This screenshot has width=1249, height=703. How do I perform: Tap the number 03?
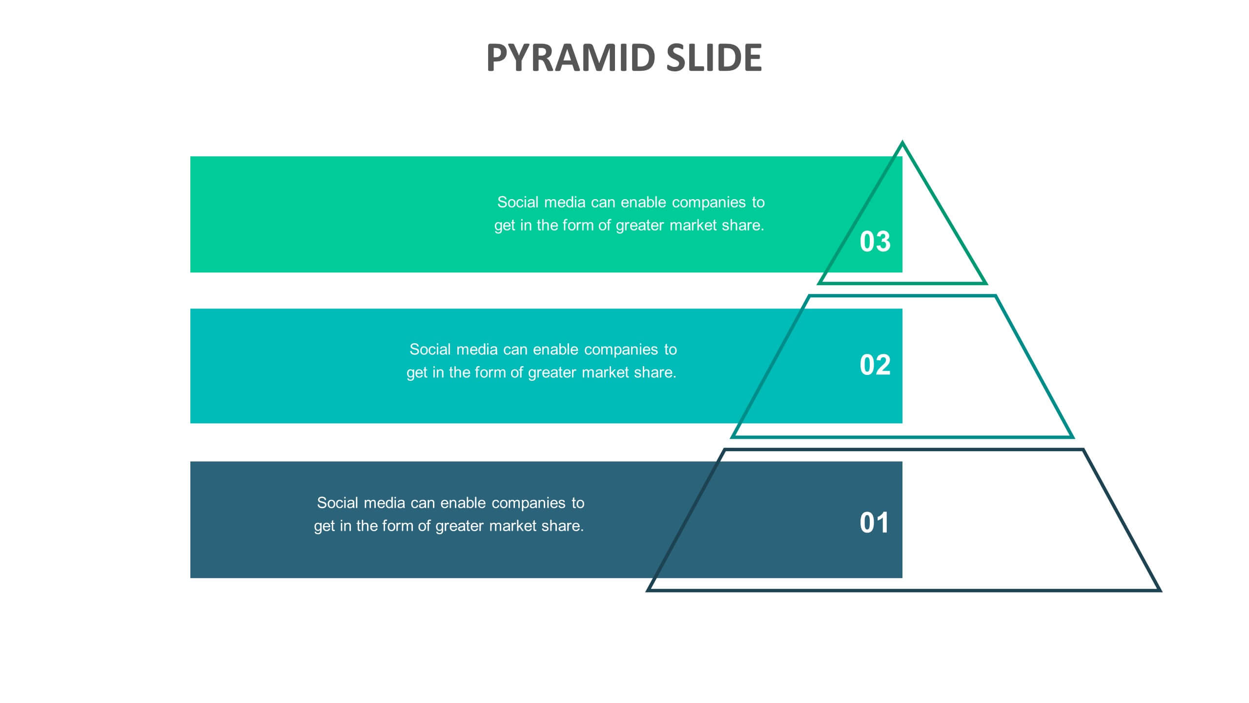click(875, 241)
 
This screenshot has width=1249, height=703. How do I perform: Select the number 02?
click(875, 365)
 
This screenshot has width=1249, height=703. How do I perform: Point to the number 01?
click(874, 522)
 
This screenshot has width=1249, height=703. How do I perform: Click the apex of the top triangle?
click(902, 142)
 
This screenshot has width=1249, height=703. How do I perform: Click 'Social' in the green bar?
click(518, 202)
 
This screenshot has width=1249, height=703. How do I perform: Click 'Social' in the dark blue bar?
click(338, 502)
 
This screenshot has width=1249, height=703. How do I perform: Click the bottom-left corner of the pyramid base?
click(648, 590)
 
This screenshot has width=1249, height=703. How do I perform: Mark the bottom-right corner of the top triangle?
click(985, 283)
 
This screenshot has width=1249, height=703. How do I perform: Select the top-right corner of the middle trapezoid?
click(995, 296)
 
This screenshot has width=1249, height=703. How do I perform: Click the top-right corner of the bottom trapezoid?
click(1083, 450)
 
